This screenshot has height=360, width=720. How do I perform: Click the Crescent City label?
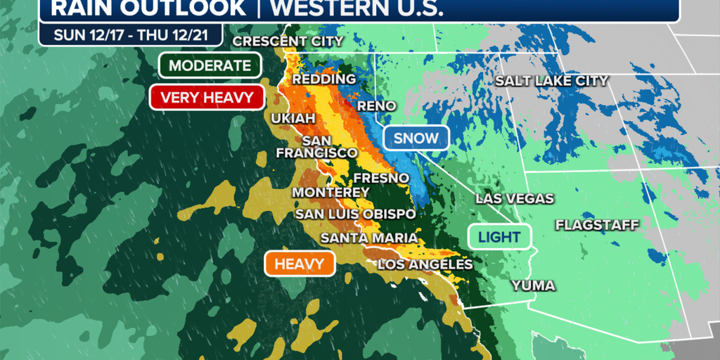tap(288, 41)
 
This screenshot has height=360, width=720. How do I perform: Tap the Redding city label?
tap(324, 79)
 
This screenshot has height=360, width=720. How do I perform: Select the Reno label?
tap(377, 106)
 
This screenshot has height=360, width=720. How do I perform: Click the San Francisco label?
tap(317, 146)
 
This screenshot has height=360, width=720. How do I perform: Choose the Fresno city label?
tap(381, 178)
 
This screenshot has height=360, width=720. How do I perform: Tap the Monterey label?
tap(330, 193)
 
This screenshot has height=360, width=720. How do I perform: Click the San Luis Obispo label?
tap(355, 214)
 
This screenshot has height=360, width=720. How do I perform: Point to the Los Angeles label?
tap(425, 264)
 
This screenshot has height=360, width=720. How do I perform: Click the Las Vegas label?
tap(515, 199)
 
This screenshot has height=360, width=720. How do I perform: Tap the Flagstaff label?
tap(597, 225)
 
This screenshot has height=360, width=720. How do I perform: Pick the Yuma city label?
tap(534, 285)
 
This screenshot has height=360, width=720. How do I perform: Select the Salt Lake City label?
tap(551, 81)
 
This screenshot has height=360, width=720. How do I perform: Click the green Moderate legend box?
tap(210, 66)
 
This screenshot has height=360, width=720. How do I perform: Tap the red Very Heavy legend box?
tap(207, 97)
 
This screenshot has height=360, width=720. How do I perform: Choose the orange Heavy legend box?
tap(300, 264)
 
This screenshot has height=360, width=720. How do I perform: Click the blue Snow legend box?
tap(416, 138)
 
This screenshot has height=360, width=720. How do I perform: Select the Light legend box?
tap(499, 237)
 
